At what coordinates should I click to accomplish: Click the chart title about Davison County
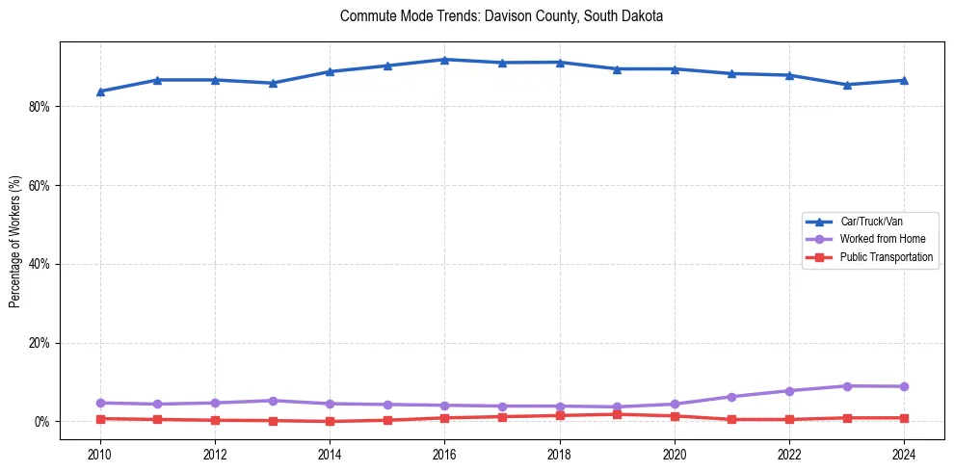501,16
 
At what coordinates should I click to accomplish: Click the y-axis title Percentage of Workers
14,242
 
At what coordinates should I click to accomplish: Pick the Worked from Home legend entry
882,239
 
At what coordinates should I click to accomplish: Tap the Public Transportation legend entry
886,257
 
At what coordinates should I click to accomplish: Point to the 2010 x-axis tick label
100,454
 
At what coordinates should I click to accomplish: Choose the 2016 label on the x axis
444,454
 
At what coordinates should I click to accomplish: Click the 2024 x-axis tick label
904,454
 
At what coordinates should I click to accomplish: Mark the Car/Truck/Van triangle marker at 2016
444,60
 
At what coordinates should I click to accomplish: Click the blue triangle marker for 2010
100,92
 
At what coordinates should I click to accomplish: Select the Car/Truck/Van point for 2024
904,80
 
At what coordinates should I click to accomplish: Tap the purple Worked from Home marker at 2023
846,386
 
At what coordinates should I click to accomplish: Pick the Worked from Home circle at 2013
273,401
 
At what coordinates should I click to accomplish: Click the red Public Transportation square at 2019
617,414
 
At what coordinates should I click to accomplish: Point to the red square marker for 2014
330,421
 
